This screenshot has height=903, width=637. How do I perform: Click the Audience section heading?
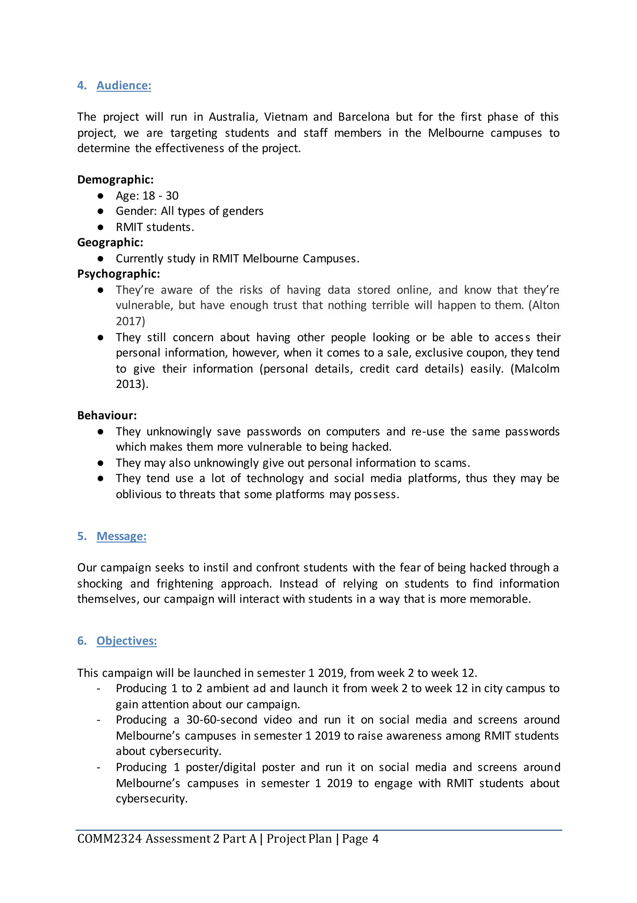click(x=123, y=85)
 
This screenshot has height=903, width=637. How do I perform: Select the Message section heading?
click(x=121, y=536)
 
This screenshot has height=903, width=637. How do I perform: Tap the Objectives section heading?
click(x=127, y=641)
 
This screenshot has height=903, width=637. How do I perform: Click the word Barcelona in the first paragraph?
click(x=364, y=117)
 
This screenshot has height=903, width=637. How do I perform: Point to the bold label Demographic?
click(x=115, y=179)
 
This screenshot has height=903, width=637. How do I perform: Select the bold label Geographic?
click(x=110, y=242)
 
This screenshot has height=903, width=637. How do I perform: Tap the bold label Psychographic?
click(x=118, y=274)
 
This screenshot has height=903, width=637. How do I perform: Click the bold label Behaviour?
click(x=107, y=415)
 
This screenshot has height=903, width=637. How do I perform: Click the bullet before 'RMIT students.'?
click(x=100, y=227)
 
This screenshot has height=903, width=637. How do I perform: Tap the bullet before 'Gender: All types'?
click(x=100, y=211)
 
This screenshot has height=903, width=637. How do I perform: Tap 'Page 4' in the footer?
click(x=360, y=839)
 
